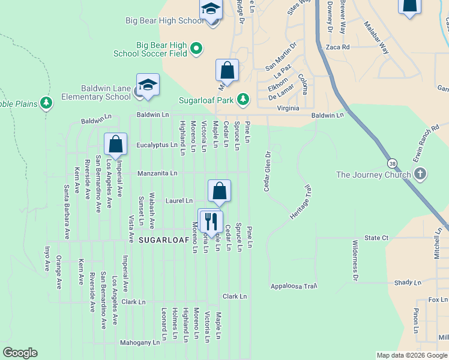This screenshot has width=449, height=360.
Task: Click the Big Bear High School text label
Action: coord(164,20)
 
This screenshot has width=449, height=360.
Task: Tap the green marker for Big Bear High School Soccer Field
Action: coord(196,48)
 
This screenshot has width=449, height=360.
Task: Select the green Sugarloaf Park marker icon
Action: coord(243,98)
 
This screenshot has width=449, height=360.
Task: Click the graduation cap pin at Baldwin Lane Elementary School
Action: coord(148,85)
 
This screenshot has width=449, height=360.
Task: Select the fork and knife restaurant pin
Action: coord(211,221)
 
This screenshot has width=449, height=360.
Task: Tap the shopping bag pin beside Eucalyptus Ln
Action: coord(115,145)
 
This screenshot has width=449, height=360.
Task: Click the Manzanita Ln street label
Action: coord(157,173)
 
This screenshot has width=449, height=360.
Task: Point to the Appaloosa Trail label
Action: coord(294,286)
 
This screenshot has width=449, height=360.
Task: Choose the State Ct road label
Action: coord(377,238)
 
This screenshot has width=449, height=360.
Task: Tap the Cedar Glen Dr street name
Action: coord(267,171)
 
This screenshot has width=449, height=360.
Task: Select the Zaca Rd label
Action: coord(337,47)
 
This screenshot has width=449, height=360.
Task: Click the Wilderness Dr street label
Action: coord(355,261)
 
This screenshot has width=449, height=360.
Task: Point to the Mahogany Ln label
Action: coord(140,343)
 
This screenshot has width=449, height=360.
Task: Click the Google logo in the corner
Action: coord(20,353)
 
